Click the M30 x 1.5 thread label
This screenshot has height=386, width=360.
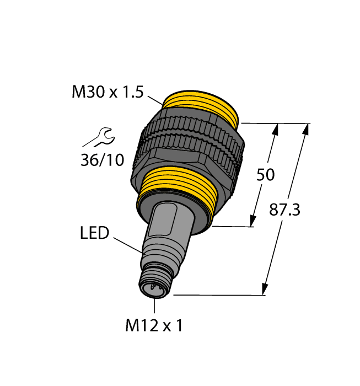(x=108, y=92)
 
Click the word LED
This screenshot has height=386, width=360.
(x=95, y=233)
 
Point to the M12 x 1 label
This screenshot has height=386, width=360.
(x=154, y=326)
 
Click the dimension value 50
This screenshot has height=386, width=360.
(x=266, y=175)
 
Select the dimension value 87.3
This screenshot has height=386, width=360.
(x=284, y=210)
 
